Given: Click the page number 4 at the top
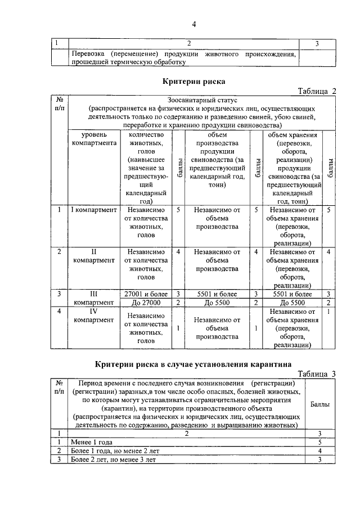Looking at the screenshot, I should [x=193, y=24].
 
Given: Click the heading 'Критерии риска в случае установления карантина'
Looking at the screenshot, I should [x=193, y=363].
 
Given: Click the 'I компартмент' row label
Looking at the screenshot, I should [x=94, y=210].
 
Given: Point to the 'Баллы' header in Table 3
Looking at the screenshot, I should [x=320, y=404].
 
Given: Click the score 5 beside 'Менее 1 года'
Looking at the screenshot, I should [x=319, y=442].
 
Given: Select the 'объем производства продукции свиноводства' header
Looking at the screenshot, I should [x=216, y=160].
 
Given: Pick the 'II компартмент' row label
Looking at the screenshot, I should [x=94, y=256].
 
